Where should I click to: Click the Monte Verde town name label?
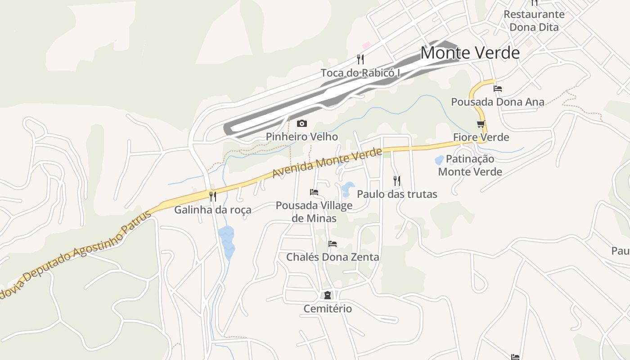tap(470, 53)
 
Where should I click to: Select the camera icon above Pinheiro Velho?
tap(302, 123)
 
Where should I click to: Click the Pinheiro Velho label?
tap(301, 136)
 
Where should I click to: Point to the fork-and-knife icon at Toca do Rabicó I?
tap(360, 59)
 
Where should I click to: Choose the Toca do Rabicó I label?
tap(360, 72)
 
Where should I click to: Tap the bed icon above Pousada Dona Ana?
tap(498, 89)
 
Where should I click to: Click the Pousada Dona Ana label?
tap(498, 102)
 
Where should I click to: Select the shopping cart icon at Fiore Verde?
tap(481, 124)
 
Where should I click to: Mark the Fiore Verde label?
tap(481, 137)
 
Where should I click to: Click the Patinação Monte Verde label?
tap(470, 165)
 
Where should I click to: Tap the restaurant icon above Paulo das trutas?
tap(397, 181)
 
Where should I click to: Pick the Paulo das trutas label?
tap(397, 194)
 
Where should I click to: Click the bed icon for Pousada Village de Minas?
tap(314, 192)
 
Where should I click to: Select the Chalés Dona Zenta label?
tap(333, 257)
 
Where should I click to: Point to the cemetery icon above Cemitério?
tap(328, 295)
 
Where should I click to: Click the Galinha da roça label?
tap(213, 210)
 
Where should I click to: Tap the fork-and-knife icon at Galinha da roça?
tap(213, 196)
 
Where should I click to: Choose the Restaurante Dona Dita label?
tap(534, 21)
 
